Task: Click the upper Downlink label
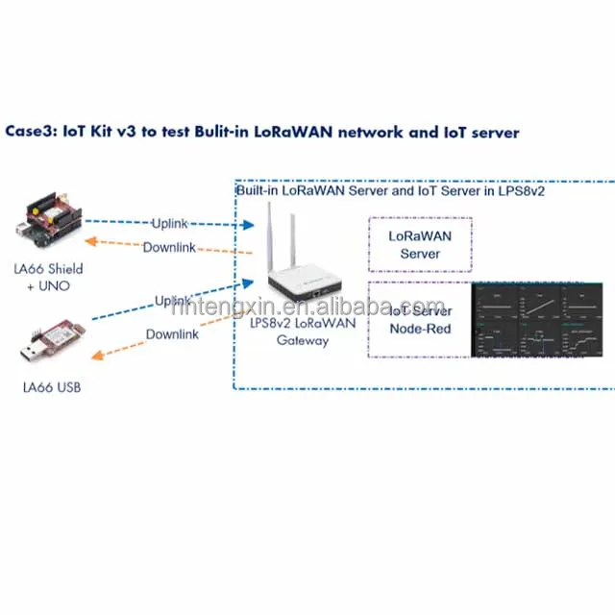point(169,247)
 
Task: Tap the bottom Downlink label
point(172,334)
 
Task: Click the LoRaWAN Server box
point(420,243)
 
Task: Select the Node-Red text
point(419,329)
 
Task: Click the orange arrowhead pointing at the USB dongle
point(93,356)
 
